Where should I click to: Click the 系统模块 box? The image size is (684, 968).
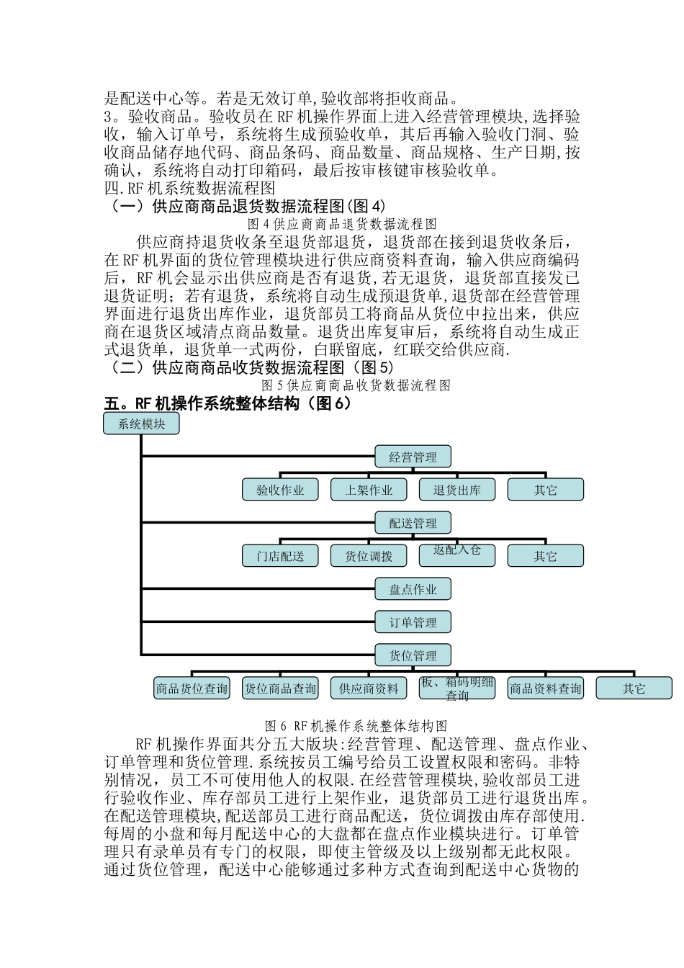pyautogui.click(x=142, y=424)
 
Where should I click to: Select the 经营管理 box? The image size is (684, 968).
pyautogui.click(x=413, y=457)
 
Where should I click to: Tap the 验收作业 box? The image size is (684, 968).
pyautogui.click(x=281, y=490)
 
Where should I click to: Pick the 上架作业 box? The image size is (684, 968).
pyautogui.click(x=369, y=490)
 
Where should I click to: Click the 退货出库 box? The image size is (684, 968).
pyautogui.click(x=457, y=490)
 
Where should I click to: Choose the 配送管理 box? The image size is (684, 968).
pyautogui.click(x=413, y=523)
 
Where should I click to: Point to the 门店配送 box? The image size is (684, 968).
pyautogui.click(x=281, y=556)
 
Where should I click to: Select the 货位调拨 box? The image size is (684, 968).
pyautogui.click(x=369, y=556)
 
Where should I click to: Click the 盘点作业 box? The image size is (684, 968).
pyautogui.click(x=413, y=589)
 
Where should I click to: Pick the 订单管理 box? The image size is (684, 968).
pyautogui.click(x=413, y=622)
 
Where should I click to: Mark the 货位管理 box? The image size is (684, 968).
pyautogui.click(x=413, y=655)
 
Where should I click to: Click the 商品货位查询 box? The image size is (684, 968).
pyautogui.click(x=192, y=689)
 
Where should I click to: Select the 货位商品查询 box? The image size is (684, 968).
pyautogui.click(x=281, y=689)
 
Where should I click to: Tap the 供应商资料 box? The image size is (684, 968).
pyautogui.click(x=369, y=689)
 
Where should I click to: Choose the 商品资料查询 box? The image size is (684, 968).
pyautogui.click(x=546, y=689)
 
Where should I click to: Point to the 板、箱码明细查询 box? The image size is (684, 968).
pyautogui.click(x=457, y=689)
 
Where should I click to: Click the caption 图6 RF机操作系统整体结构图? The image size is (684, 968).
pyautogui.click(x=356, y=725)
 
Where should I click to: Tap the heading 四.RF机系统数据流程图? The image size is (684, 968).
pyautogui.click(x=190, y=189)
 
